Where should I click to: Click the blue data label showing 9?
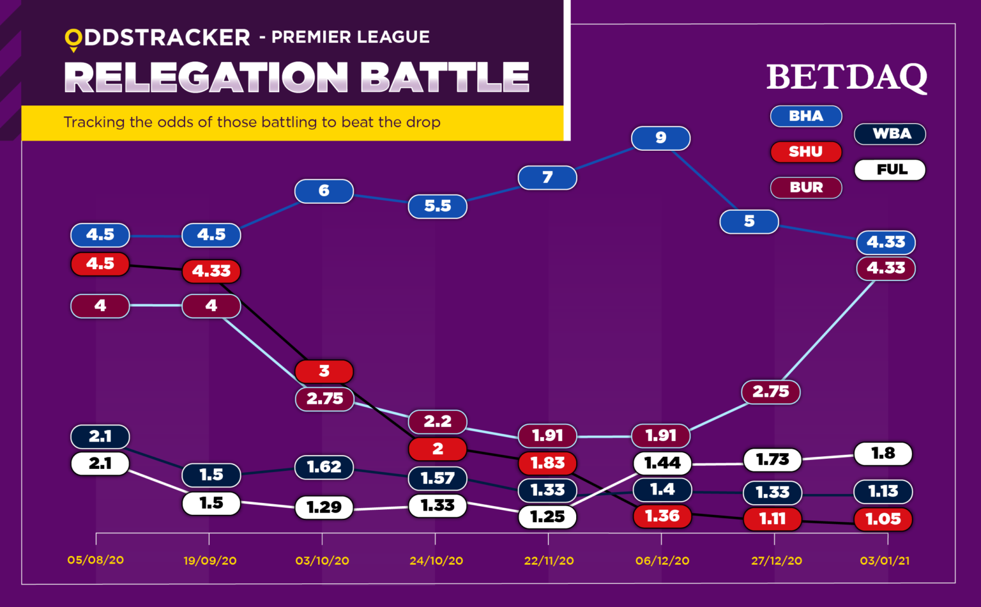pyautogui.click(x=660, y=138)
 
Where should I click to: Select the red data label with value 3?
pyautogui.click(x=324, y=371)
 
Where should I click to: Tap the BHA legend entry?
pyautogui.click(x=806, y=116)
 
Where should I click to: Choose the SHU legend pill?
pyautogui.click(x=806, y=152)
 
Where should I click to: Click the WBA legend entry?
pyautogui.click(x=890, y=134)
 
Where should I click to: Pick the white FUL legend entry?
pyautogui.click(x=890, y=170)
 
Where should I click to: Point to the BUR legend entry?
pyautogui.click(x=806, y=188)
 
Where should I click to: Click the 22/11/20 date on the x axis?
pyautogui.click(x=549, y=561)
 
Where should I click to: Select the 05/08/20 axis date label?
pyautogui.click(x=96, y=560)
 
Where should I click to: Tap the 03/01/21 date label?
pyautogui.click(x=885, y=561)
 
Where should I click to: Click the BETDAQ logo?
pyautogui.click(x=846, y=78)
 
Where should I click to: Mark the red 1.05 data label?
pyautogui.click(x=883, y=519)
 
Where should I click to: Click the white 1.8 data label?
pyautogui.click(x=883, y=454)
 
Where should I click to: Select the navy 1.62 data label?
pyautogui.click(x=324, y=467)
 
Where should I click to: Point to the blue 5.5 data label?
pyautogui.click(x=437, y=206)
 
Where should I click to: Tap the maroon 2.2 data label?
pyautogui.click(x=437, y=422)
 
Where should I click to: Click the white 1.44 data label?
pyautogui.click(x=662, y=463)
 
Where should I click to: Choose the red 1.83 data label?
pyautogui.click(x=547, y=463)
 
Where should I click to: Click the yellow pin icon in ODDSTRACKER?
pyautogui.click(x=73, y=39)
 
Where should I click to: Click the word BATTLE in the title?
pyautogui.click(x=445, y=77)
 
